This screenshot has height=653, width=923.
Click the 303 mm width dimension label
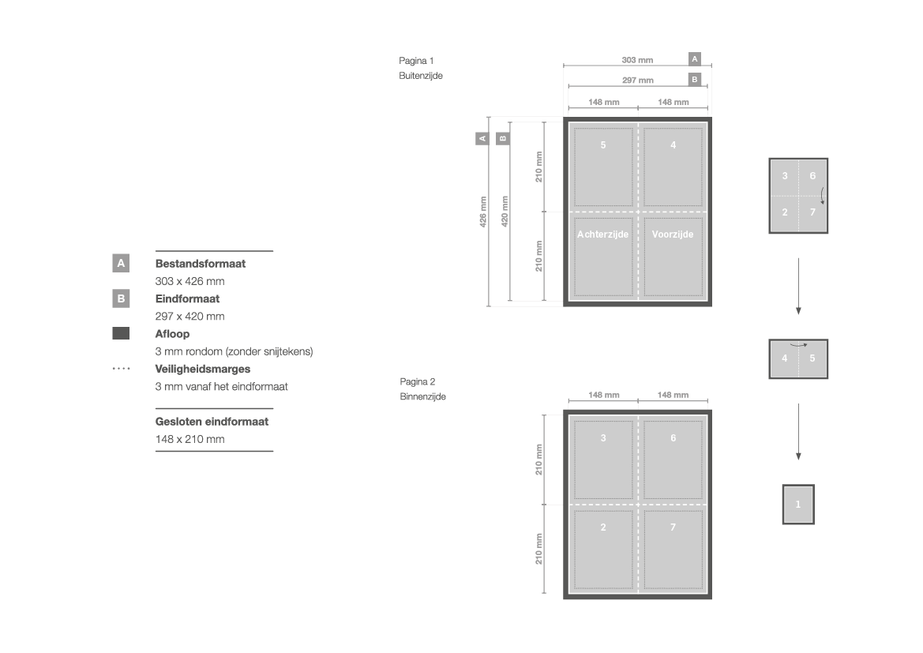(637, 60)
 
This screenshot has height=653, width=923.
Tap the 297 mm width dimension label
(637, 80)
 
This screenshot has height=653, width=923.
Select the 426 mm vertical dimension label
(483, 212)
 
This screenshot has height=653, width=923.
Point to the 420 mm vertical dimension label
(505, 212)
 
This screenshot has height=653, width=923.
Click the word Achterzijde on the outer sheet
(602, 235)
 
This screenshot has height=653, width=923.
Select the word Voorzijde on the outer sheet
(672, 235)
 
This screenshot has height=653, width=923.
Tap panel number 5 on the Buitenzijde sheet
(603, 144)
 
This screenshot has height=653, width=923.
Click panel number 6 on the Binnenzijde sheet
(673, 438)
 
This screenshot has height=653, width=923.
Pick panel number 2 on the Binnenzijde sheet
(603, 527)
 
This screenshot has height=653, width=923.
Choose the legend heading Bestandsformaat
(200, 264)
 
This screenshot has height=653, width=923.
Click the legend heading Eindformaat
(187, 298)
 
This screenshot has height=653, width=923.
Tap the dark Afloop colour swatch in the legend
(121, 333)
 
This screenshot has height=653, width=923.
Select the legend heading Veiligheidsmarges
(202, 370)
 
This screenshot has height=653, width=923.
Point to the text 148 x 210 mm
(189, 439)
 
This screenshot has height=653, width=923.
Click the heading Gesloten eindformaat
(212, 422)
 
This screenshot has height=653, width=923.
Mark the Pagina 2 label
(418, 381)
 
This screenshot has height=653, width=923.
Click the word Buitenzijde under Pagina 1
(420, 75)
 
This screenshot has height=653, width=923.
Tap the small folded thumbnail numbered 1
(798, 504)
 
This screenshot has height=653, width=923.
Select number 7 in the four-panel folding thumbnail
(812, 212)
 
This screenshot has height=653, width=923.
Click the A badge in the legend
(121, 263)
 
